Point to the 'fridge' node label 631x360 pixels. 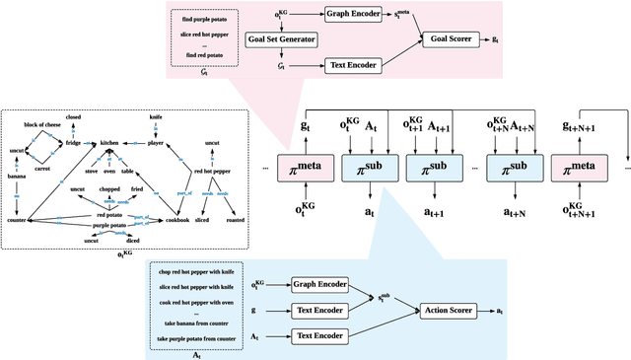click(x=74, y=143)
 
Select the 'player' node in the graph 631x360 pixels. click(x=157, y=143)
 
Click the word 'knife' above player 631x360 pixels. click(x=157, y=115)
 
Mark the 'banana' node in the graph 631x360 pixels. click(x=16, y=178)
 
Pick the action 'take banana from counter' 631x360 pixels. click(x=194, y=324)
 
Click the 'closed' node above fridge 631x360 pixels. click(x=74, y=116)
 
